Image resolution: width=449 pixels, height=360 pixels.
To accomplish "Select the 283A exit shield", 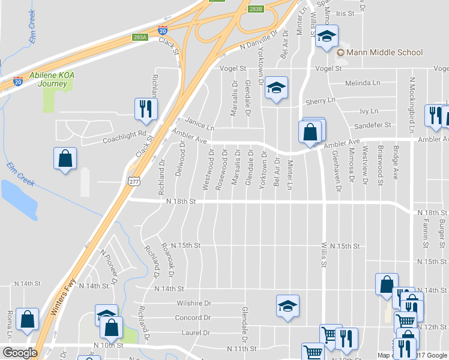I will (x=140, y=37).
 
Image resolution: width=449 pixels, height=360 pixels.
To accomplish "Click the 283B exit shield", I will (x=256, y=9).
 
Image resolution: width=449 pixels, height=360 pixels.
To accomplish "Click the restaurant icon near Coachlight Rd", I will (x=146, y=109).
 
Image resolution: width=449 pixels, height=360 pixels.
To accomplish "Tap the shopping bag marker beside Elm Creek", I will (x=65, y=160).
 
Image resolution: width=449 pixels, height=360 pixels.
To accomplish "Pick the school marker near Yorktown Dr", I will (x=276, y=89).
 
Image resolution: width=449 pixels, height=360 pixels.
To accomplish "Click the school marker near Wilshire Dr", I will (x=288, y=307).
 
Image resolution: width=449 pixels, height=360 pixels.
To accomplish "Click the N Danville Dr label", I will (x=259, y=41).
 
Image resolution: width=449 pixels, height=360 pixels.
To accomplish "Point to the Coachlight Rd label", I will (x=124, y=134).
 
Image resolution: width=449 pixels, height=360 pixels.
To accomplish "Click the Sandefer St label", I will (x=372, y=125).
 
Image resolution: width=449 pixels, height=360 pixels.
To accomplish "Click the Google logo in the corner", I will (x=20, y=353).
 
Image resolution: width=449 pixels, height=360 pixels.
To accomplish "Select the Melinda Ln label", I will (x=363, y=83).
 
